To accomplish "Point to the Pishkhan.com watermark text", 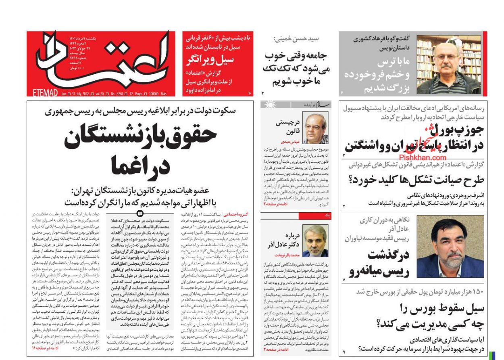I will (423, 158).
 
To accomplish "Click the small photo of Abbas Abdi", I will (315, 128).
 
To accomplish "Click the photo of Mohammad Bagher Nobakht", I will (315, 241).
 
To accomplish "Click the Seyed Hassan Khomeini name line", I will (296, 39).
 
